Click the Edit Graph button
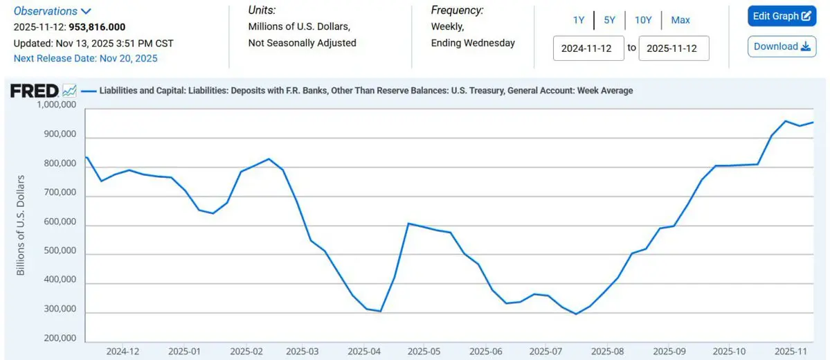pos(782,16)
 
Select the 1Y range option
pos(579,20)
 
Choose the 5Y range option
pos(609,20)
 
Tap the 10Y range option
pos(643,20)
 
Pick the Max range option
pos(680,20)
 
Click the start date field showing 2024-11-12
pos(588,48)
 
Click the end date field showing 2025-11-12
pos(674,48)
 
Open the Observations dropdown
pos(53,11)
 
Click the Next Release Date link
pos(86,58)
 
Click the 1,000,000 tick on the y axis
pos(56,105)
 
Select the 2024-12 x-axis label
pos(123,351)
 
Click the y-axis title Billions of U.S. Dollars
pos(21,225)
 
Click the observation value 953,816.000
pos(97,27)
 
